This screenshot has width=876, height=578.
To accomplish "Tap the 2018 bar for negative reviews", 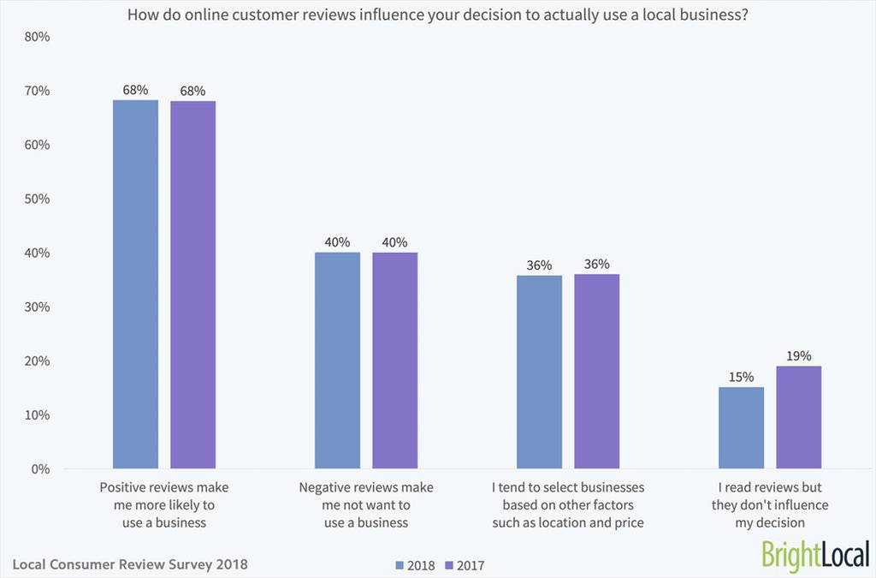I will click(337, 361).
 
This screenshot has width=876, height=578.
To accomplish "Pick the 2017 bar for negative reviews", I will click(394, 361).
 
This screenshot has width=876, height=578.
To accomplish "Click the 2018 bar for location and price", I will click(539, 372).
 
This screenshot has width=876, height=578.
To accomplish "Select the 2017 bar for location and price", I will click(596, 372).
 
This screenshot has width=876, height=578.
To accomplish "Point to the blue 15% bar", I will click(741, 428).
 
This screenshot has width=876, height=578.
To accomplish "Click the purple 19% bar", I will click(798, 417).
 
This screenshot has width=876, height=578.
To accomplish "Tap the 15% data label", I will click(741, 377).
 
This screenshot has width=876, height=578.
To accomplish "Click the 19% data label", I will click(798, 355).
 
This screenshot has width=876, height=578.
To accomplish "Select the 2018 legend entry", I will click(415, 565).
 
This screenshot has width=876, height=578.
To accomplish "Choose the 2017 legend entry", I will click(465, 565).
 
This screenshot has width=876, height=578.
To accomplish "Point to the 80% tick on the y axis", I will click(36, 37).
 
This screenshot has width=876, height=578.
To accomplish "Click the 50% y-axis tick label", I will click(36, 199).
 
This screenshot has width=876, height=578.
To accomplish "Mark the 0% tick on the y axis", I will click(39, 469).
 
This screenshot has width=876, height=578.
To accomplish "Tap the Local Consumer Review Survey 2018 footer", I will click(130, 564).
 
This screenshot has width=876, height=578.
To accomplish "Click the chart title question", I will click(438, 14).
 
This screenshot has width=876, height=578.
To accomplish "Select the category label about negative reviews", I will click(366, 504).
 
